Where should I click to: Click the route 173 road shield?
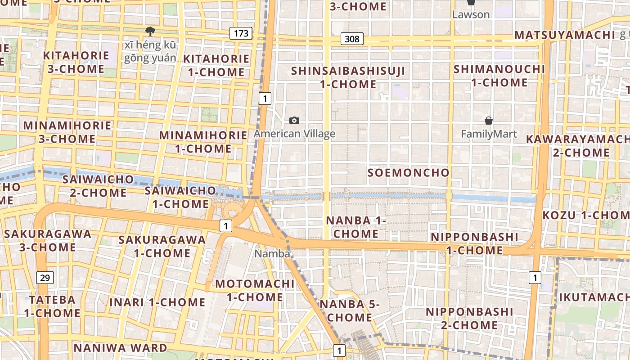coord(241,33)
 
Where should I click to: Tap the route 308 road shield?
coord(352,39)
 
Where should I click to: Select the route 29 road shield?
coord(45,278)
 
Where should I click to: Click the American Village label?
coord(294,134)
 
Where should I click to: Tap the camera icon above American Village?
coord(294,120)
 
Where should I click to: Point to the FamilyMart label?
coord(489,134)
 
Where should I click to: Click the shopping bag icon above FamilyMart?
coord(489,121)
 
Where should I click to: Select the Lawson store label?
coord(471,14)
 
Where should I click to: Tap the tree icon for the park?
coord(150,31)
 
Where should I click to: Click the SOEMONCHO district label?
coord(408,173)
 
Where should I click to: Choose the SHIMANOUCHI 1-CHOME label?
coord(499,76)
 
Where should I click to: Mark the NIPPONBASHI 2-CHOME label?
coord(469,318)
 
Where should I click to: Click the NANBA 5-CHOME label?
coord(350,311)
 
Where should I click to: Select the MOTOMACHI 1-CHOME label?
coord(255,290)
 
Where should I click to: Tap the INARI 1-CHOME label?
coord(157,302)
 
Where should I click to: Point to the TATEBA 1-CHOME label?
coord(52,306)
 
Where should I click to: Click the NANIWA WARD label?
coord(120,348)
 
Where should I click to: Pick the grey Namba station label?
coord(272,254)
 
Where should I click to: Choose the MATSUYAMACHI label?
coord(564,35)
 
